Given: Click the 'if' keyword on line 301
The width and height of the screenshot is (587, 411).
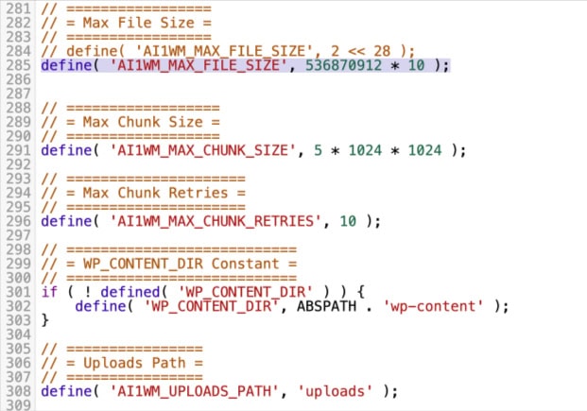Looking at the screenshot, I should point(48,291).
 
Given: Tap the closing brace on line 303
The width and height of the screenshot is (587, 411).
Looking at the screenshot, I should point(44,320).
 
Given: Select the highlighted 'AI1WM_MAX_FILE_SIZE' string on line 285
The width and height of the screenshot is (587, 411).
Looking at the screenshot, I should point(200,65).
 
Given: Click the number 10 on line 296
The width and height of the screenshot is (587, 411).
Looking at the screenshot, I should point(349,221).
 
